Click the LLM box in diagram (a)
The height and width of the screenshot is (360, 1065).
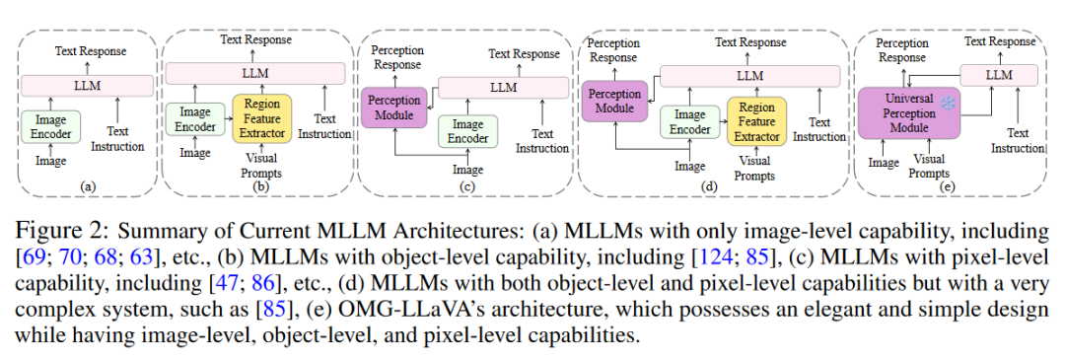(x=88, y=86)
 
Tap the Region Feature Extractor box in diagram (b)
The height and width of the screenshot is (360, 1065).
(x=261, y=117)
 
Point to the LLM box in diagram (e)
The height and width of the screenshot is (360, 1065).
(x=998, y=75)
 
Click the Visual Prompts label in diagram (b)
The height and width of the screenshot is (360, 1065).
(x=261, y=166)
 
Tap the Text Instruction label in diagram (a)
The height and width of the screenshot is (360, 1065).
(x=117, y=138)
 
